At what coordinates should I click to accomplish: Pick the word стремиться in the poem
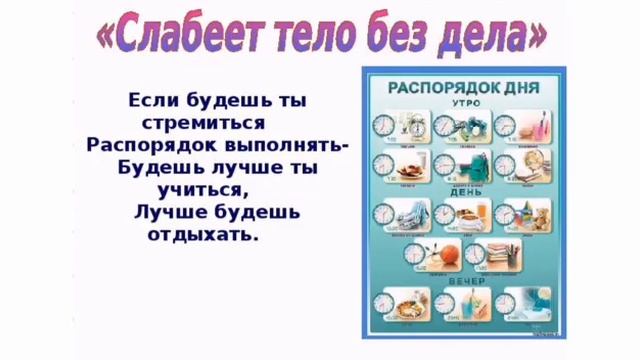click(x=204, y=123)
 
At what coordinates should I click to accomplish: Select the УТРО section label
click(x=466, y=103)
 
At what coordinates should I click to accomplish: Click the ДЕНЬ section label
click(x=466, y=191)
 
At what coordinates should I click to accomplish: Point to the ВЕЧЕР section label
click(x=466, y=281)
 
